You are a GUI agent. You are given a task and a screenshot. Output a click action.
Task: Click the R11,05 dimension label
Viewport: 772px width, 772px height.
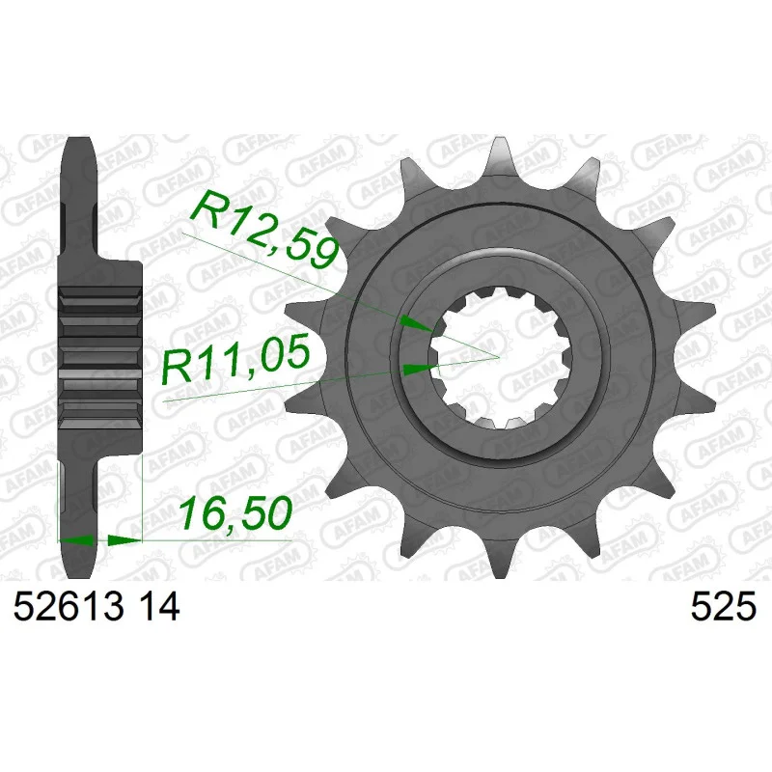[x=236, y=358]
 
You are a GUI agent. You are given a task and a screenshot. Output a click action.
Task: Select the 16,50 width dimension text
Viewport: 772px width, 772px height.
[x=235, y=513]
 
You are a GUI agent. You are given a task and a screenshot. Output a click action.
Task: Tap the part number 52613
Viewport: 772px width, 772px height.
[x=69, y=607]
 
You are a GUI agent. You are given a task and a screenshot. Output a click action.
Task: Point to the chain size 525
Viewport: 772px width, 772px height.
[x=723, y=607]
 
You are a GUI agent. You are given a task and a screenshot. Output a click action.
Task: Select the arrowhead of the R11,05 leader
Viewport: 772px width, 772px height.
[x=419, y=369]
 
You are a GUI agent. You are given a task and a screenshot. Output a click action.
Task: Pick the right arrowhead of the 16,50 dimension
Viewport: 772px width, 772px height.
[x=124, y=540]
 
